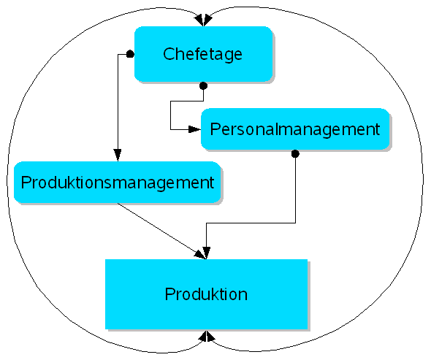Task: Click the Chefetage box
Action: coord(203,53)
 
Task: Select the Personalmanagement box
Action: coord(294,129)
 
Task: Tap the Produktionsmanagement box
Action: coord(117,182)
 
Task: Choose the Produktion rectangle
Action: coord(206,294)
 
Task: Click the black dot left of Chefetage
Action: coord(130,54)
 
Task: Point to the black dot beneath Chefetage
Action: coord(203,85)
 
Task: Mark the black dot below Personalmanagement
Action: coord(295,154)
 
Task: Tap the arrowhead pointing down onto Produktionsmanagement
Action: coord(117,155)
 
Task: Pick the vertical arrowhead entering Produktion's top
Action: coord(207,253)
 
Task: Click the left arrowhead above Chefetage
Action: coord(199,20)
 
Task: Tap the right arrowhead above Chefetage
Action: coord(209,20)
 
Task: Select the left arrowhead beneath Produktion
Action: coord(202,336)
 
